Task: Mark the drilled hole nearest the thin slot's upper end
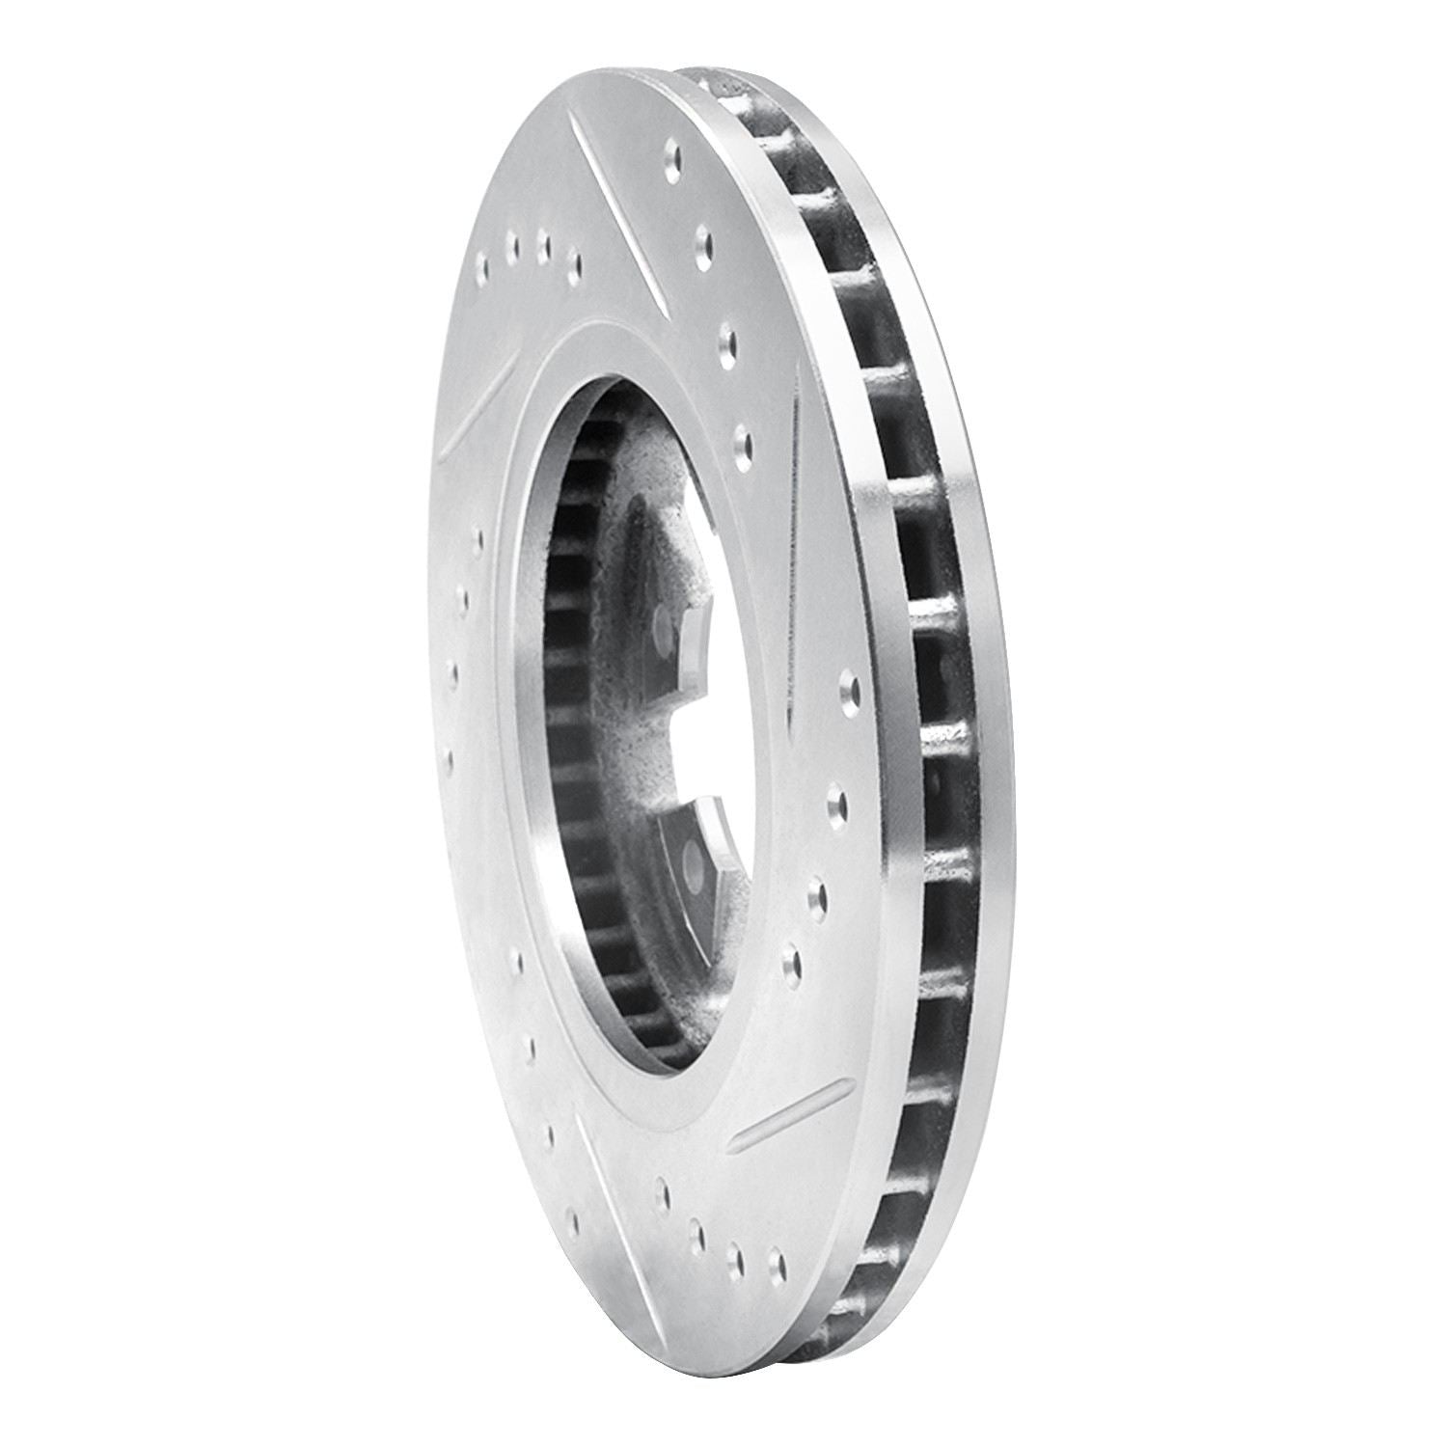click(742, 444)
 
